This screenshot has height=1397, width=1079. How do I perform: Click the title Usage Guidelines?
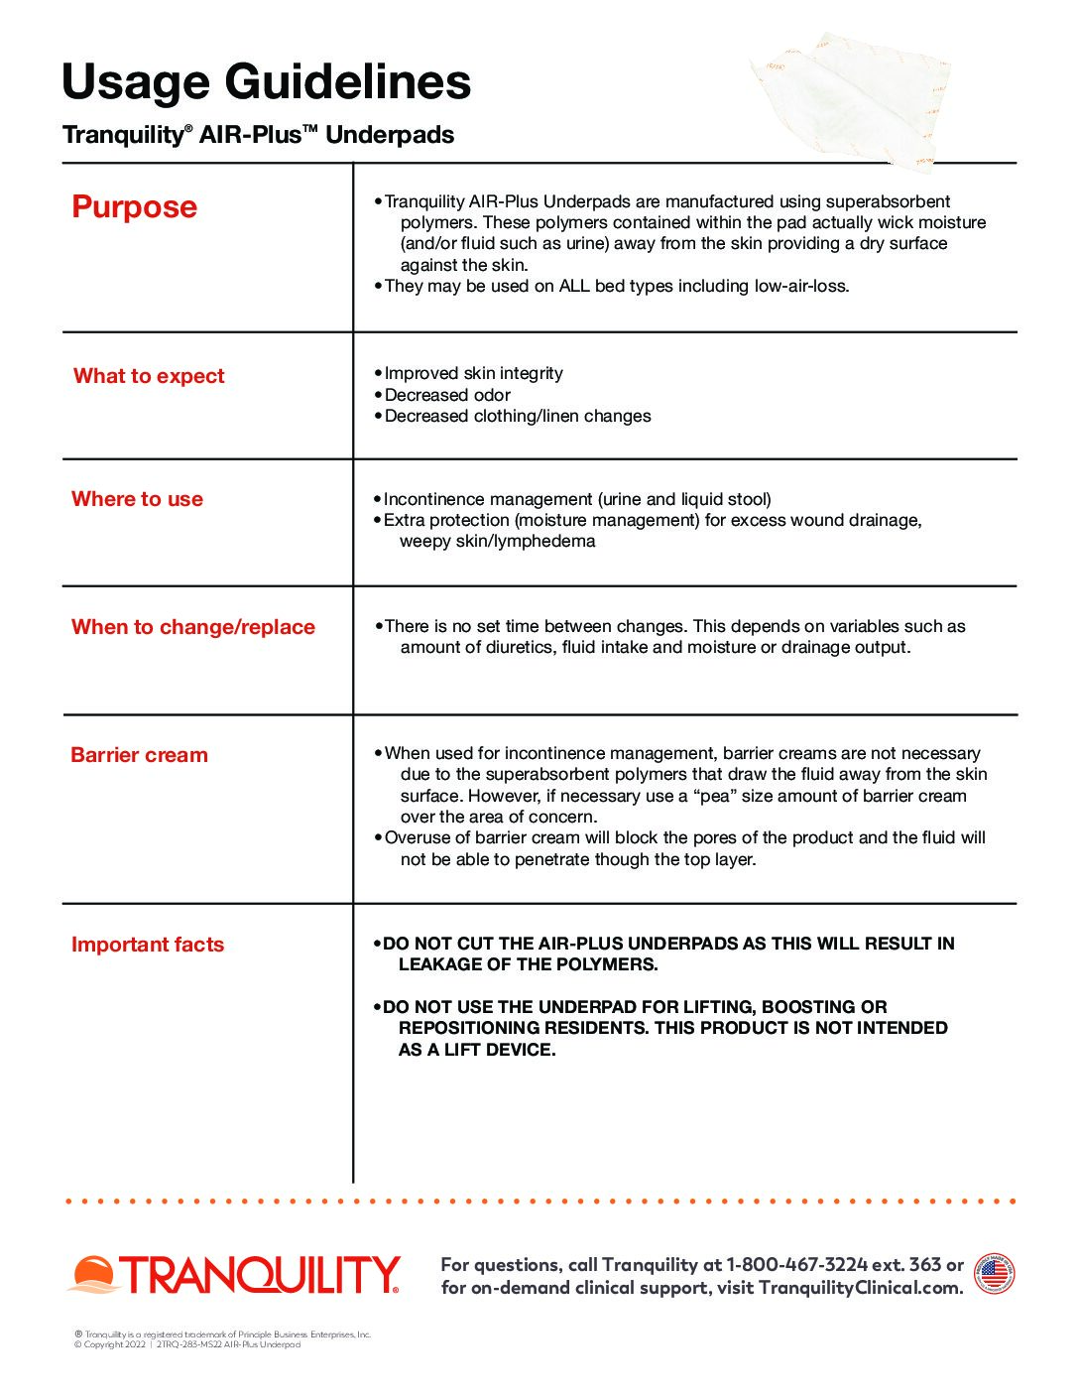[266, 82]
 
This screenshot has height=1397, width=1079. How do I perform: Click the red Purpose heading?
[135, 206]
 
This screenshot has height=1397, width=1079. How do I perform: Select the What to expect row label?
[149, 376]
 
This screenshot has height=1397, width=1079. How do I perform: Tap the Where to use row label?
[137, 499]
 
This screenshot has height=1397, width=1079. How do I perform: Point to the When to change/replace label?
[193, 627]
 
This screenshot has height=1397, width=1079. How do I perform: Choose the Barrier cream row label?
[140, 755]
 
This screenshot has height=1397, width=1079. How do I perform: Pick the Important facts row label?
[148, 945]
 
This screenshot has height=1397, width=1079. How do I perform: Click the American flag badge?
[994, 1274]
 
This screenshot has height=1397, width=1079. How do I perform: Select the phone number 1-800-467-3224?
[796, 1265]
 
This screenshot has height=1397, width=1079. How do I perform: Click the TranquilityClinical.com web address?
[859, 1288]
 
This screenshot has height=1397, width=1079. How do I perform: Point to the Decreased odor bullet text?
[447, 395]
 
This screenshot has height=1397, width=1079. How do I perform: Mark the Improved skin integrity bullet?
[473, 374]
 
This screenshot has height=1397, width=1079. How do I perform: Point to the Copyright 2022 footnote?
[110, 1344]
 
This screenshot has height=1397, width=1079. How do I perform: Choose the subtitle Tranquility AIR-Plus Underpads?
[258, 135]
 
